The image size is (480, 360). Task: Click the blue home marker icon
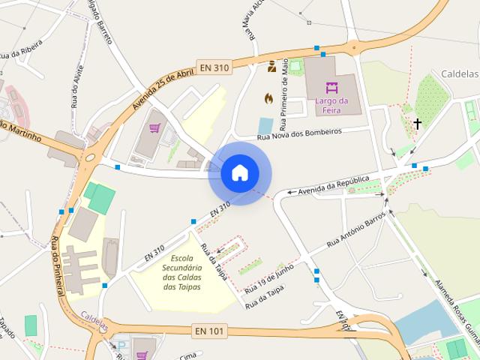coord(240,172)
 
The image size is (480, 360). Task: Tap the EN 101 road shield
coord(208,330)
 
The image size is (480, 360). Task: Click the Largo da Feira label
coord(332,106)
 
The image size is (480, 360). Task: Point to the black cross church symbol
coord(417,124)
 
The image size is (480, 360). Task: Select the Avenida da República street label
coord(334,185)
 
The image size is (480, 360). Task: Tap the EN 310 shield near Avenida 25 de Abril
coord(214,67)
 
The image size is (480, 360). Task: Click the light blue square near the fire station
coord(265,125)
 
